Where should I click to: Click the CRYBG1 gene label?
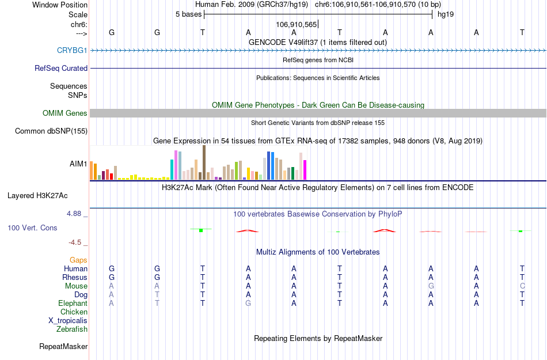[x=72, y=51]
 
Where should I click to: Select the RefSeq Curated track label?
[x=61, y=68]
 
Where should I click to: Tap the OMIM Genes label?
[x=65, y=113]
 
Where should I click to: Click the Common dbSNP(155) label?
[x=51, y=131]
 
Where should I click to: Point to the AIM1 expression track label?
[x=78, y=164]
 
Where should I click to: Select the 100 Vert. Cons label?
[x=32, y=228]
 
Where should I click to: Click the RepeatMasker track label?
[x=63, y=347]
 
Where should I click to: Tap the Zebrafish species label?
[x=72, y=329]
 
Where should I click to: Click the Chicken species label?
[x=74, y=312]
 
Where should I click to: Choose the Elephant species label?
[x=73, y=304]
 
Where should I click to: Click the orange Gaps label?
[x=78, y=260]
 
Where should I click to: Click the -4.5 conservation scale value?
[x=76, y=242]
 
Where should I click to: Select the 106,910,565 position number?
[x=296, y=25]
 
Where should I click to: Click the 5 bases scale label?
[x=188, y=14]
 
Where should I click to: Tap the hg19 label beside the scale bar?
[x=446, y=14]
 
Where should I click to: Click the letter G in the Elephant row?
[x=248, y=304]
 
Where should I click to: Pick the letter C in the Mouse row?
[x=522, y=286]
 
